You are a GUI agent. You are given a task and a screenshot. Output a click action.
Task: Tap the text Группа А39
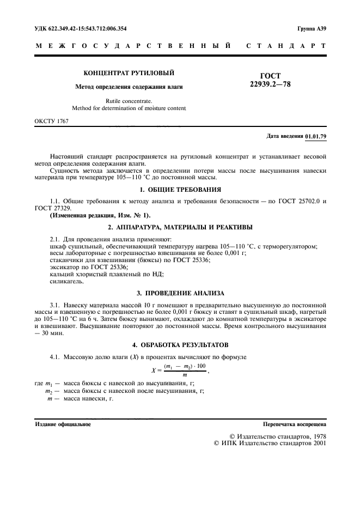pyautogui.click(x=312, y=28)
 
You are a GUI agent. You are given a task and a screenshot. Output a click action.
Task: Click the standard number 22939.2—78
pyautogui.click(x=271, y=85)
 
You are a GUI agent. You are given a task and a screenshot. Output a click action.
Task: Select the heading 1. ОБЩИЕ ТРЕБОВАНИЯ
pyautogui.click(x=180, y=189)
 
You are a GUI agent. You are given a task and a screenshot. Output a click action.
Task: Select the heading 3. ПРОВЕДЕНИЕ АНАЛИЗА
pyautogui.click(x=180, y=293)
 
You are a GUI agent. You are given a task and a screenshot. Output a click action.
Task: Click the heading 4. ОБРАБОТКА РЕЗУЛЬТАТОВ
pyautogui.click(x=180, y=345)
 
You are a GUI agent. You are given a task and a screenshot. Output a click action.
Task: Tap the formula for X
pyautogui.click(x=179, y=371)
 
